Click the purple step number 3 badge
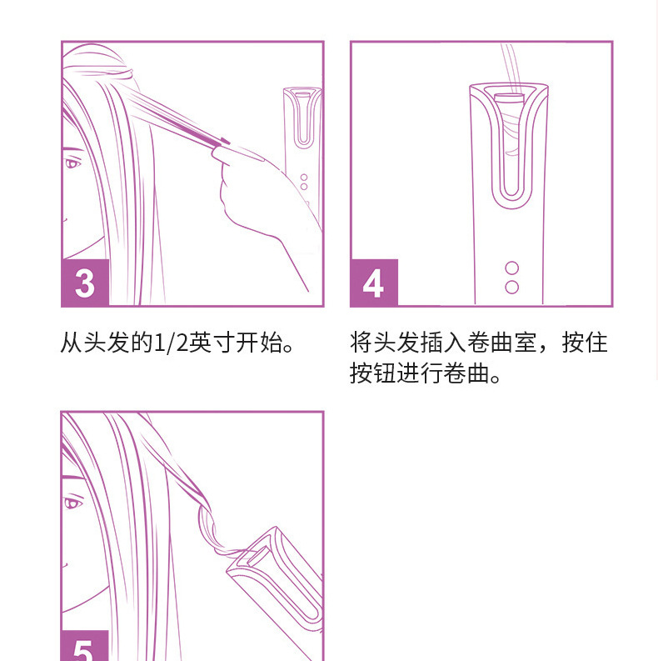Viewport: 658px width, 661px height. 85,283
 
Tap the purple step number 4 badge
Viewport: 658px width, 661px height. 373,283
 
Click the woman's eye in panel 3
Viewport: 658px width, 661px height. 72,163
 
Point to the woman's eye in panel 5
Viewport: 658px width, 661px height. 72,502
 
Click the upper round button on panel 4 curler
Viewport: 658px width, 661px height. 511,268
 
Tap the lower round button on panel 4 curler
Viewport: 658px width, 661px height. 511,287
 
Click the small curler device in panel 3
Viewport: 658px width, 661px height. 303,142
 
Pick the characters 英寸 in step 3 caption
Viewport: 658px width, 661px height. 212,343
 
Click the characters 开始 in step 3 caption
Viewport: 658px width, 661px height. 259,343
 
